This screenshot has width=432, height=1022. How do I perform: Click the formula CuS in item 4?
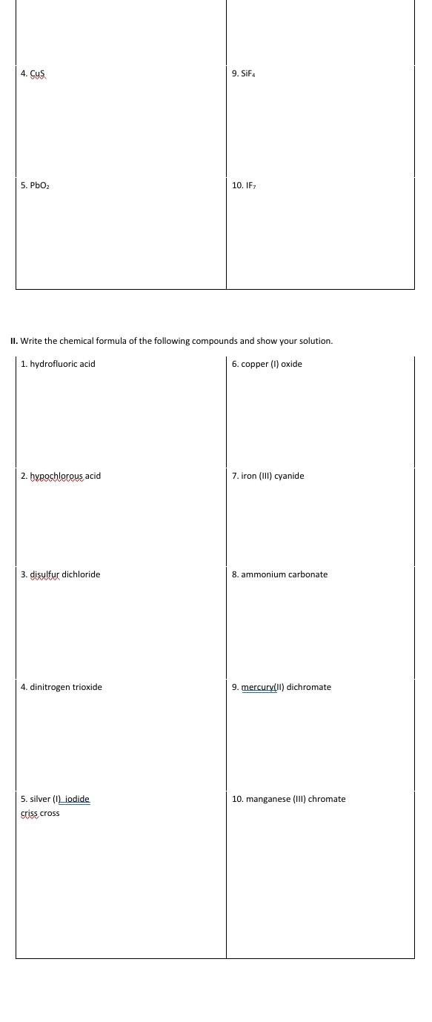[x=38, y=73]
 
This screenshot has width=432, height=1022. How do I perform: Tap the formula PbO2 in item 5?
[x=40, y=185]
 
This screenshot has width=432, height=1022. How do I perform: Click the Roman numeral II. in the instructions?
[x=14, y=341]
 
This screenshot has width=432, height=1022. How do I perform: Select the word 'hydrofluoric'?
[x=53, y=364]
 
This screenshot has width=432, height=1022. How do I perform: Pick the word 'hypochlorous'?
[x=56, y=476]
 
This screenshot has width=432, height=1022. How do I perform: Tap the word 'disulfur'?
[x=44, y=574]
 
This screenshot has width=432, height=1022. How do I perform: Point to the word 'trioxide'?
[x=87, y=687]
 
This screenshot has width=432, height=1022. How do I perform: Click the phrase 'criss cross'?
[x=40, y=813]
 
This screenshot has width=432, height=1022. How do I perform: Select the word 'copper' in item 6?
[x=255, y=364]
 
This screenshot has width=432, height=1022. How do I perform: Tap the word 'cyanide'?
[x=289, y=476]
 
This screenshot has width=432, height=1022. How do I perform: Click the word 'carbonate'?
[x=307, y=574]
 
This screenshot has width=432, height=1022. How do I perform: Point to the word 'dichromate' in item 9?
[x=309, y=687]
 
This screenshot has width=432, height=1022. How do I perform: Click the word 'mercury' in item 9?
[x=258, y=687]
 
